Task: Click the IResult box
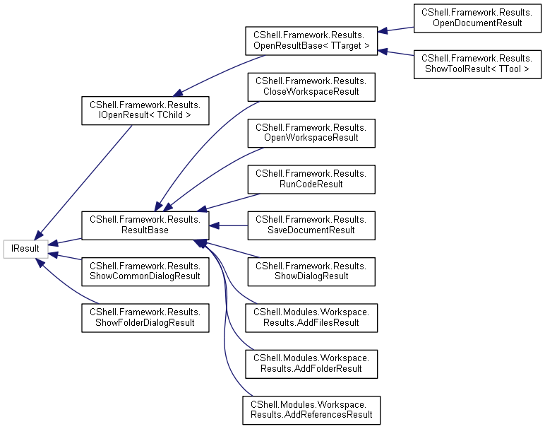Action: pyautogui.click(x=25, y=249)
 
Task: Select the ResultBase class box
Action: pyautogui.click(x=145, y=225)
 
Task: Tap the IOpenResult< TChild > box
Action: pyautogui.click(x=145, y=108)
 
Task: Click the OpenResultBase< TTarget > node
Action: pyautogui.click(x=311, y=41)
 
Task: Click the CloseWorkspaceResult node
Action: pyautogui.click(x=311, y=86)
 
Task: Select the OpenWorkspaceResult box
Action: pyautogui.click(x=311, y=132)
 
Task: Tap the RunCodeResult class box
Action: pyautogui.click(x=311, y=179)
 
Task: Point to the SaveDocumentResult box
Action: pyautogui.click(x=311, y=225)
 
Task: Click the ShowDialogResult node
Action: pyautogui.click(x=311, y=271)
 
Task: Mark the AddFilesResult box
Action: pyautogui.click(x=311, y=317)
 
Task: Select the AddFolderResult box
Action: pyautogui.click(x=311, y=363)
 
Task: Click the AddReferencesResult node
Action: pyautogui.click(x=311, y=409)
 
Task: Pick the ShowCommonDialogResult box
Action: pyautogui.click(x=145, y=271)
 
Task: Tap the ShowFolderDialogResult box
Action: pyautogui.click(x=145, y=317)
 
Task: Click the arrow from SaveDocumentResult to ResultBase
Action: pyautogui.click(x=229, y=225)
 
